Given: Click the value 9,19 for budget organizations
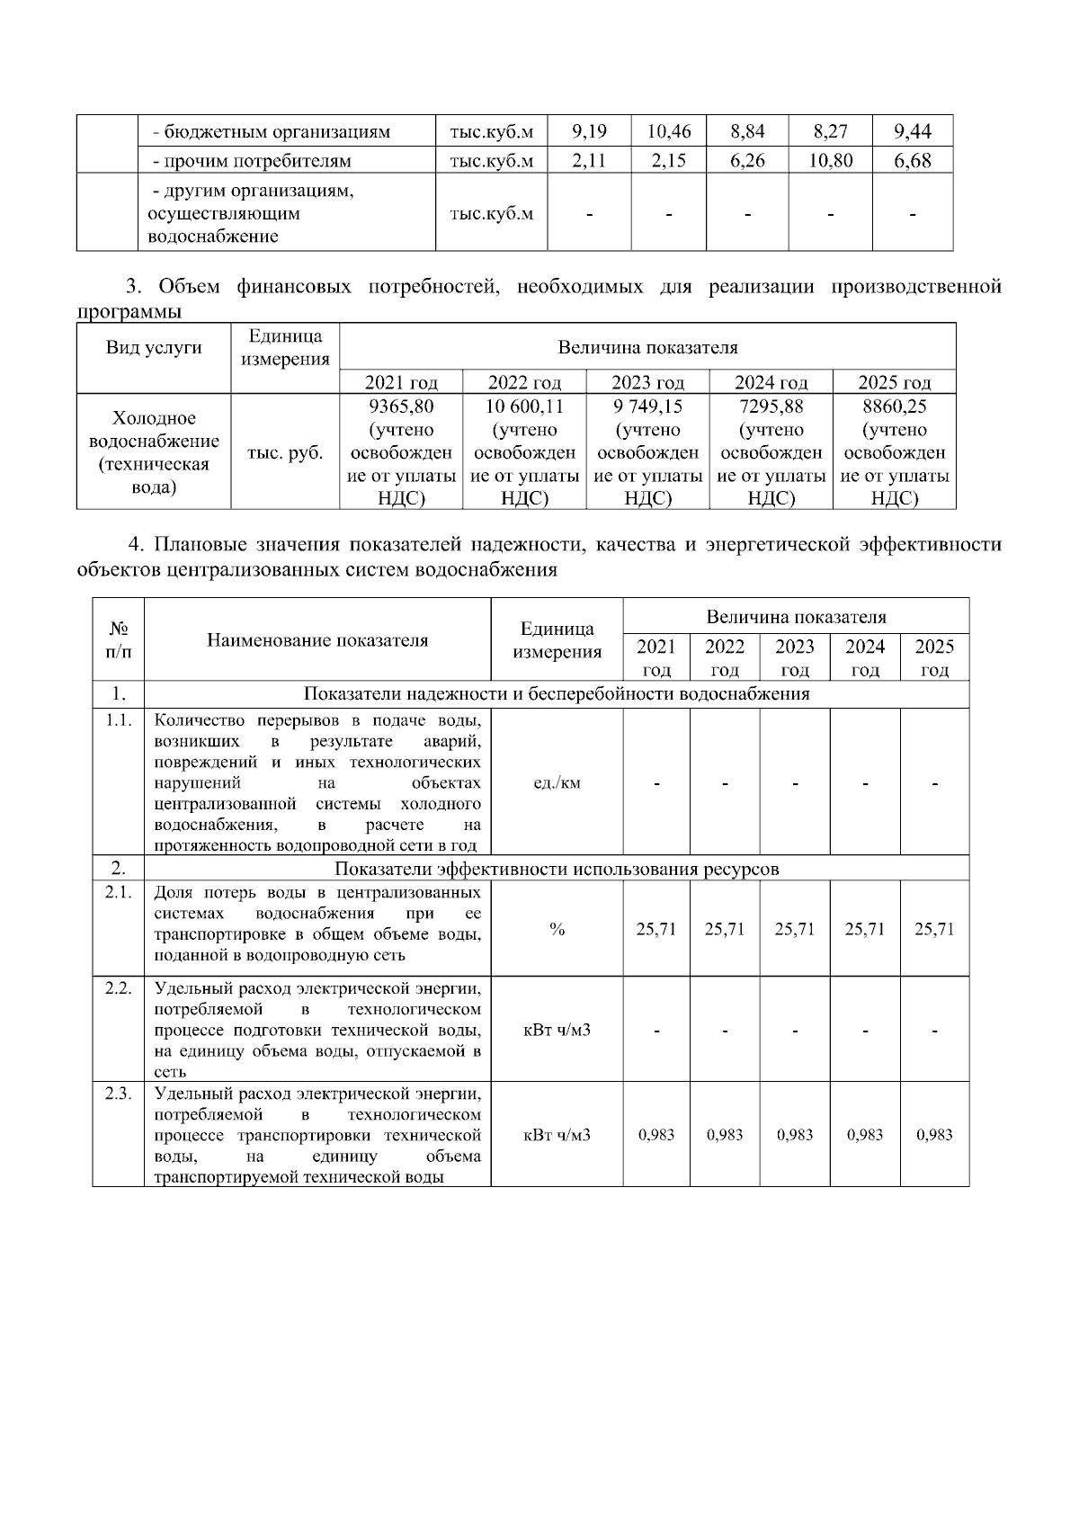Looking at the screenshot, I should [x=589, y=131].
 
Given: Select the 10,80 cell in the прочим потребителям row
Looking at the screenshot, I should [x=831, y=161].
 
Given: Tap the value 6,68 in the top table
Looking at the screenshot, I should [x=913, y=161].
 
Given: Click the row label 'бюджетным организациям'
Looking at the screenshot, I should [x=272, y=131].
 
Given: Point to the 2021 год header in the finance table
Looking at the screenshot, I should [x=401, y=382].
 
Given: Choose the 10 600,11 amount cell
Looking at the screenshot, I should [x=524, y=406].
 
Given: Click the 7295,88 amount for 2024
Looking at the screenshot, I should [x=771, y=406].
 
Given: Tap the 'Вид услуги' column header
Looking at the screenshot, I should [x=154, y=348].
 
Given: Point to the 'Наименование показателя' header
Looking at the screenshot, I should [x=317, y=640].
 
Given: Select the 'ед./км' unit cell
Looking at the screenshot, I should [x=557, y=782].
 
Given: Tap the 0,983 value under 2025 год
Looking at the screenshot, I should [x=934, y=1135].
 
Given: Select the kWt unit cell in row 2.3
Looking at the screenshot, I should [x=557, y=1135].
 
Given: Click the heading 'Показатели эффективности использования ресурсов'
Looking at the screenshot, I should [x=557, y=869].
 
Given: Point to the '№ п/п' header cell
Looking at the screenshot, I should [x=118, y=639].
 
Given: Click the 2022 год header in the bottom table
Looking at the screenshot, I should [x=725, y=657].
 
